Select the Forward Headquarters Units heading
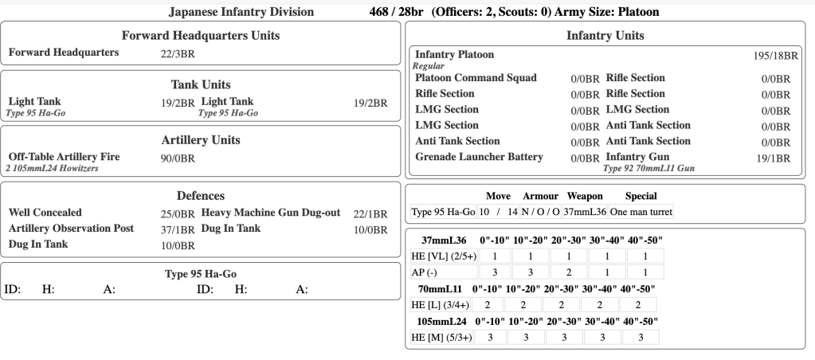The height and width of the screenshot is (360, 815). click(x=200, y=36)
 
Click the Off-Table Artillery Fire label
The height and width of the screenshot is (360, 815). click(x=64, y=157)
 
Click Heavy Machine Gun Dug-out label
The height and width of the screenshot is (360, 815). click(x=272, y=213)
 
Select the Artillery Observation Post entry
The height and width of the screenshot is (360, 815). click(x=71, y=229)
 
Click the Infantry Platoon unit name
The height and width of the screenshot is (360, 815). click(x=454, y=54)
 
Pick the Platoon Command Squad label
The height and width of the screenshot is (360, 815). click(x=476, y=78)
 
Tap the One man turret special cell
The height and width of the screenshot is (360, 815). click(x=641, y=212)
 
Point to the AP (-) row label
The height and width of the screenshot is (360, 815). click(x=429, y=272)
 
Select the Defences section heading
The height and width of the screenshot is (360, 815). click(x=200, y=195)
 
